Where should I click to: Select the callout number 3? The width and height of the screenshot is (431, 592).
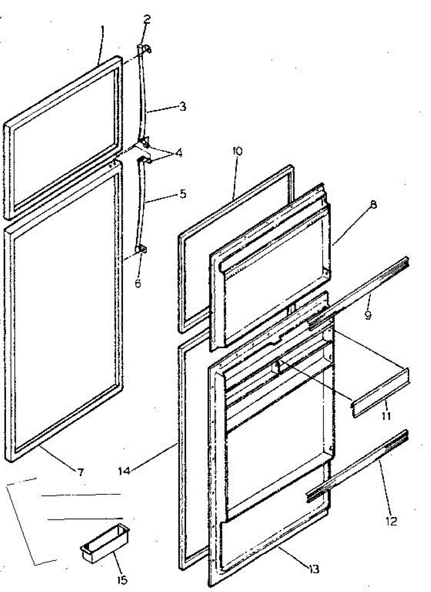182,106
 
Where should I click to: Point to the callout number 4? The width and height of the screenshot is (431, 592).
178,153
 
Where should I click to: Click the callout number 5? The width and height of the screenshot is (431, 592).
183,194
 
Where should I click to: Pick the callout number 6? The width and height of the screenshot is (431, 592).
138,284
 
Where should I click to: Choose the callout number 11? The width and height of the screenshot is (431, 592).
385,415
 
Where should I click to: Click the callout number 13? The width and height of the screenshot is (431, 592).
313,569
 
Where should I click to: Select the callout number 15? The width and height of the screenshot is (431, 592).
122,580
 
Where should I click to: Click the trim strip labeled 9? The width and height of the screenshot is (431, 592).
360,291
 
